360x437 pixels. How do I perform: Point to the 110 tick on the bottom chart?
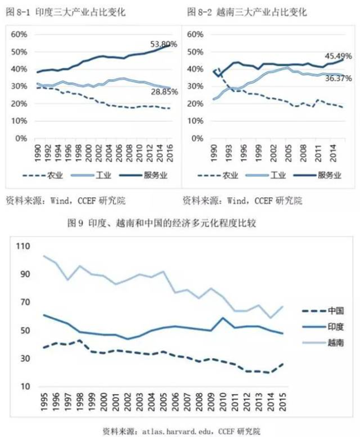tap(23, 247)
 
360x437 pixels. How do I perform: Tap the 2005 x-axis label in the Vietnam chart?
tap(285, 149)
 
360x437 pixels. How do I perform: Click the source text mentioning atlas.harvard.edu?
tap(181, 430)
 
